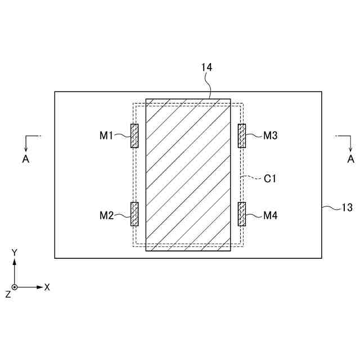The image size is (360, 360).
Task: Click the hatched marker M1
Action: click(134, 136)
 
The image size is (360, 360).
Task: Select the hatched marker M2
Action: click(134, 214)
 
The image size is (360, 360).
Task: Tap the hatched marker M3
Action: click(242, 136)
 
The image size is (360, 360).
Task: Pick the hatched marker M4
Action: click(242, 214)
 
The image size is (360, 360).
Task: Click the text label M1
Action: click(107, 136)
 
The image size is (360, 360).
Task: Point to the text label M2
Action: click(107, 215)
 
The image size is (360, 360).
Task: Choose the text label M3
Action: click(270, 136)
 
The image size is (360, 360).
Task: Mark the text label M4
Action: click(270, 215)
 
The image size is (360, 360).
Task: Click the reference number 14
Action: click(206, 67)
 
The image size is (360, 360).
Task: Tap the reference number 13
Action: click(347, 208)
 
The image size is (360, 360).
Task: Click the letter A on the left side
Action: click(25, 159)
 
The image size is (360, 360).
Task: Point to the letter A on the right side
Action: click(350, 159)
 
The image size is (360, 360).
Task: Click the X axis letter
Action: click(47, 287)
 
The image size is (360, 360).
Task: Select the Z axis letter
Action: click(7, 294)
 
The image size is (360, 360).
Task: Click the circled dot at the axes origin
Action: click(15, 287)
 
